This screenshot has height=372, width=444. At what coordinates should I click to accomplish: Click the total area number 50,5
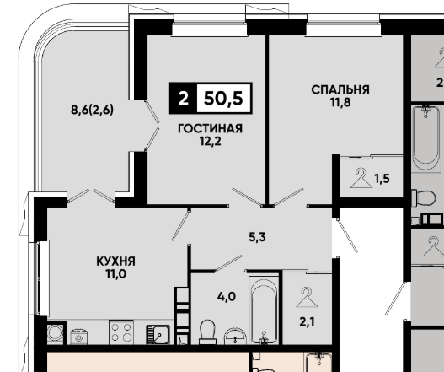coord(223,99)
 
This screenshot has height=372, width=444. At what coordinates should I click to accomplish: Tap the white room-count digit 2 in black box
coord(183,99)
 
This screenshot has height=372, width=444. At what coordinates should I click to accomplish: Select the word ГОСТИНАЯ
coord(210,128)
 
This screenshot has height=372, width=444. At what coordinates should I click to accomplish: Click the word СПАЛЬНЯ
coord(340,89)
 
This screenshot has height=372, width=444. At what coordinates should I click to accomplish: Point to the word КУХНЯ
coord(115,261)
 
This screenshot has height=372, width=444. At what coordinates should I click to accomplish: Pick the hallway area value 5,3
coord(257,237)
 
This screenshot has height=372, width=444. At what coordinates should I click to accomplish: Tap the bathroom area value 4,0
coord(227,297)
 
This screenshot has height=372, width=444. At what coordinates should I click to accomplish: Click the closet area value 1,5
coord(382,179)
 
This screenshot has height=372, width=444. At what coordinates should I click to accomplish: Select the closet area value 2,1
coord(307,322)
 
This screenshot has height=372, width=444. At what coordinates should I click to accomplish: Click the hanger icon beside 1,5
coord(361,178)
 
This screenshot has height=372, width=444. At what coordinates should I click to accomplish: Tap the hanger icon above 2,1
coord(307,297)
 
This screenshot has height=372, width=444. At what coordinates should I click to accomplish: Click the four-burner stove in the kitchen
coord(121,332)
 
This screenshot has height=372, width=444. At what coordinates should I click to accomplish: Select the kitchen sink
coord(158,335)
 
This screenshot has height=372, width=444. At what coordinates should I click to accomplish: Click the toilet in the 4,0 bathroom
coord(207,332)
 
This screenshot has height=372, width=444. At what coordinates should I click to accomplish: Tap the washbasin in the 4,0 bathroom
coord(235,337)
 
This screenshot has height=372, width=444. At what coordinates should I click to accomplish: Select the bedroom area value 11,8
coord(340,102)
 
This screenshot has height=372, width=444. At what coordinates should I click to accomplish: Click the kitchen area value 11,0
coord(115,274)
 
